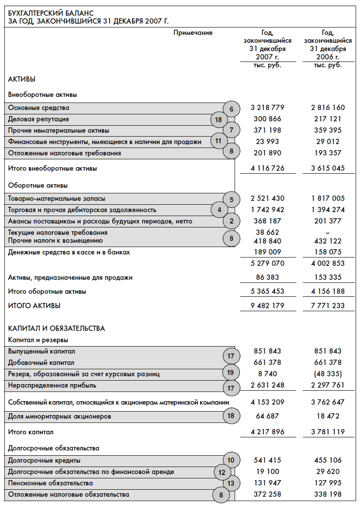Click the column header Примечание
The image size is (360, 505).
193,33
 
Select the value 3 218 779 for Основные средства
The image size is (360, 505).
267,107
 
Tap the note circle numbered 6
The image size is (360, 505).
232,109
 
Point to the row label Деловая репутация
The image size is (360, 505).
38,119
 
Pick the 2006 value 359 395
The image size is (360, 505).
328,130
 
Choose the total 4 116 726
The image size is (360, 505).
267,168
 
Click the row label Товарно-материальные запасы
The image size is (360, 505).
57,199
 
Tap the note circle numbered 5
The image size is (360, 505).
232,200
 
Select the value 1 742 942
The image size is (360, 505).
267,210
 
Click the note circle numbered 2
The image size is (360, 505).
232,221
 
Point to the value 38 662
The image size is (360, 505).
267,233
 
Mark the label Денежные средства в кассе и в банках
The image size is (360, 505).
69,252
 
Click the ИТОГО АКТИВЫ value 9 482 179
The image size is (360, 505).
267,306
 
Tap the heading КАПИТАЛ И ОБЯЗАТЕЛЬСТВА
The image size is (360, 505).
57,328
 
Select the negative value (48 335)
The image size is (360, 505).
328,374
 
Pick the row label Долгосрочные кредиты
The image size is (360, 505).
44,460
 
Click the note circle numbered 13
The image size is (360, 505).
232,483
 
